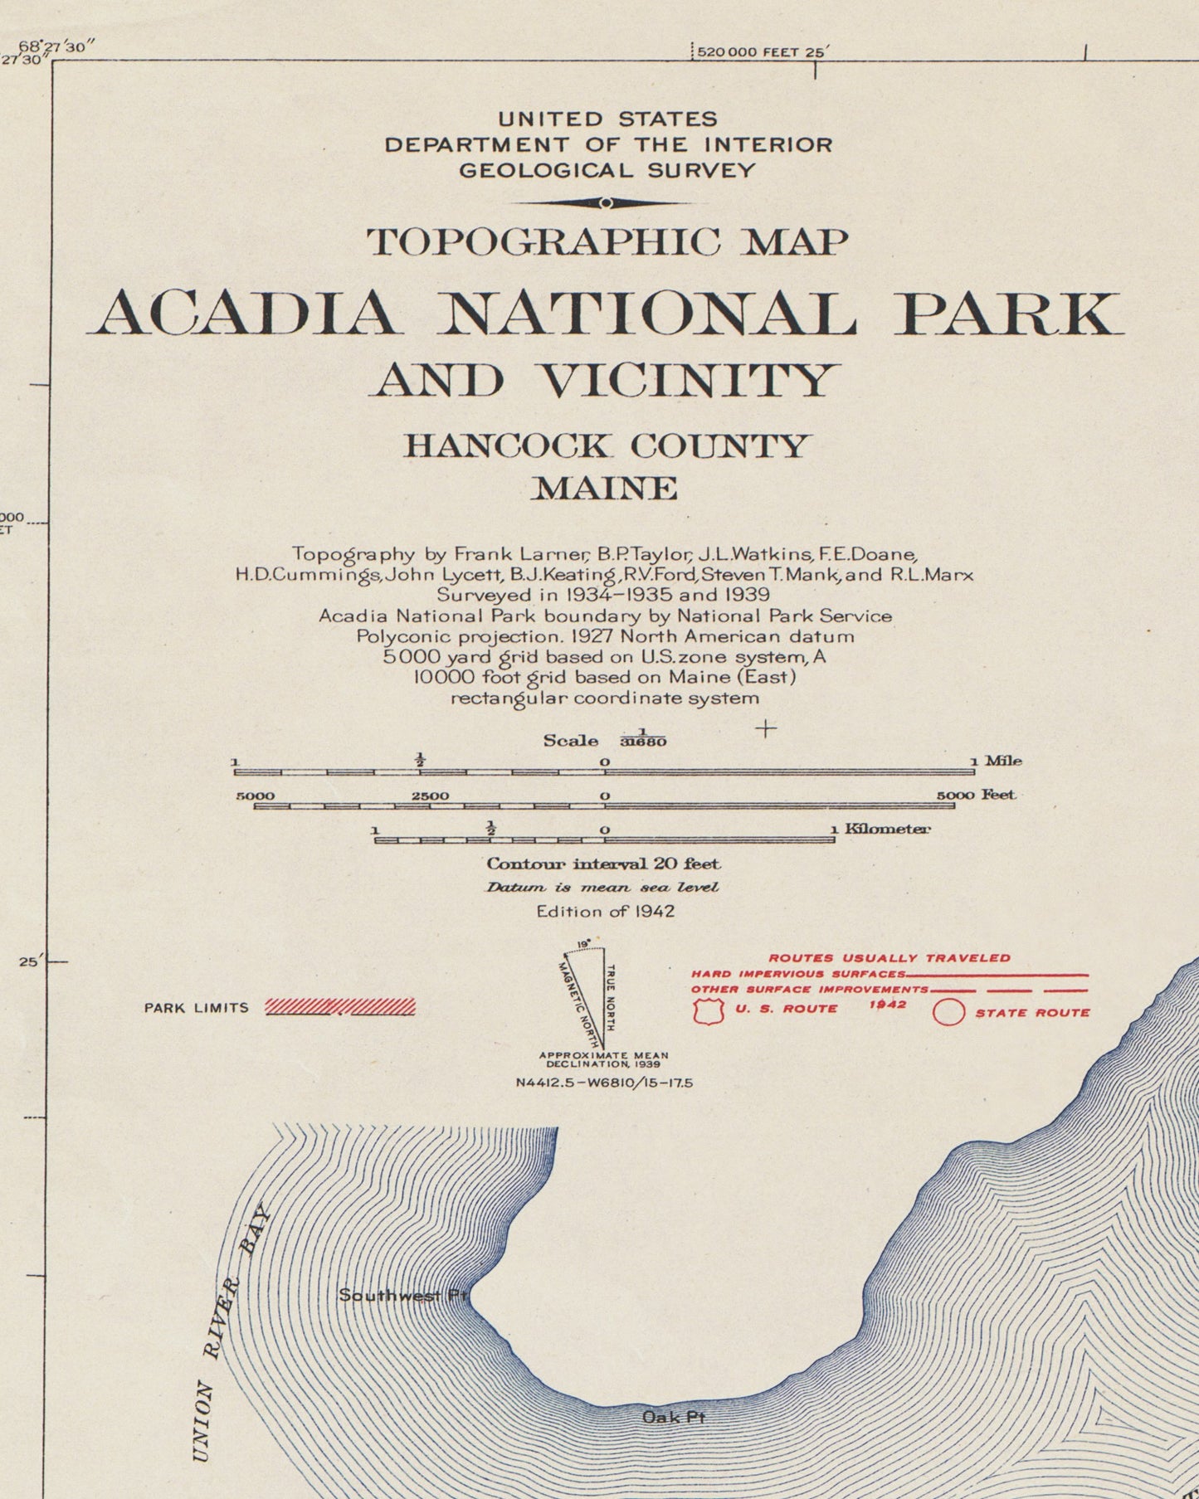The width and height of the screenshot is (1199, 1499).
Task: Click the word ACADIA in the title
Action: click(x=246, y=314)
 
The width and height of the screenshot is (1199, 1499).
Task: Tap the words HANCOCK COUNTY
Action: click(x=606, y=446)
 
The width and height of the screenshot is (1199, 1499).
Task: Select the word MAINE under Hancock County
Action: click(x=605, y=488)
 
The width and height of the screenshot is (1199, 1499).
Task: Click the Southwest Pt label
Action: click(x=403, y=1294)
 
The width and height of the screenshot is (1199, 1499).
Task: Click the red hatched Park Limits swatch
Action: click(x=340, y=1007)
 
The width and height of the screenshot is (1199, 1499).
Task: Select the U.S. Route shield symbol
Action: click(x=709, y=1011)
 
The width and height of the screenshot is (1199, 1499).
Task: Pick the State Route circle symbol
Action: click(x=949, y=1013)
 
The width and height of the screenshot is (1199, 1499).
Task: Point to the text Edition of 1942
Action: click(x=605, y=911)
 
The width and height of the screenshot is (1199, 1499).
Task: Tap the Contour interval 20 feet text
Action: click(x=603, y=864)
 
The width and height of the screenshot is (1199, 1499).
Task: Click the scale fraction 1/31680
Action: click(x=643, y=737)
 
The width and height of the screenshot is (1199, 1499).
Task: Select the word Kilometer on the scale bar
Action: click(x=887, y=829)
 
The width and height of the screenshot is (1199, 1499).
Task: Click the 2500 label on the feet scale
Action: click(x=430, y=796)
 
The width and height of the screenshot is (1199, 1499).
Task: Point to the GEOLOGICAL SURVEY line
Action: click(x=607, y=171)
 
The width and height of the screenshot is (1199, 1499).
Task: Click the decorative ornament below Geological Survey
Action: click(x=607, y=203)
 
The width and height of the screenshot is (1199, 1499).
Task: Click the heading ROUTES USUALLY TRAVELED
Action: click(x=889, y=958)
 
